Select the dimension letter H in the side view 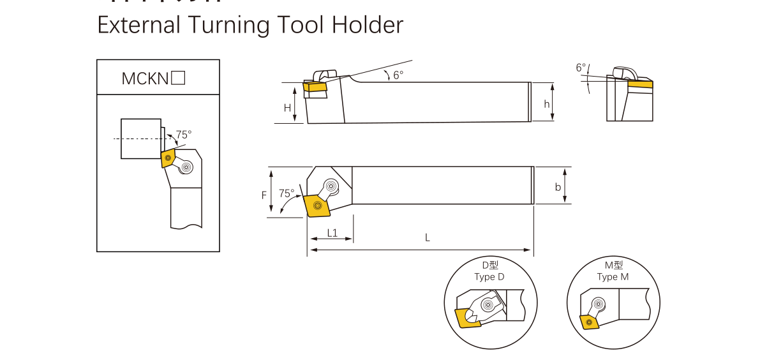tap(287, 108)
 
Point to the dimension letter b tap(558, 187)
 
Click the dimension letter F tap(264, 195)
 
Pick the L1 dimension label tap(332, 233)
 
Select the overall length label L tap(428, 237)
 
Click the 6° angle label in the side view tap(398, 75)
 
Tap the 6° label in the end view tap(580, 67)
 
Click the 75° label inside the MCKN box tap(184, 135)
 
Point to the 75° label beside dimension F tap(287, 193)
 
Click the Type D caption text tap(489, 277)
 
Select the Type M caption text tap(613, 277)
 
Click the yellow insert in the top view tap(316, 206)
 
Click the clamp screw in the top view tap(332, 186)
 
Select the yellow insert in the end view tap(640, 83)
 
